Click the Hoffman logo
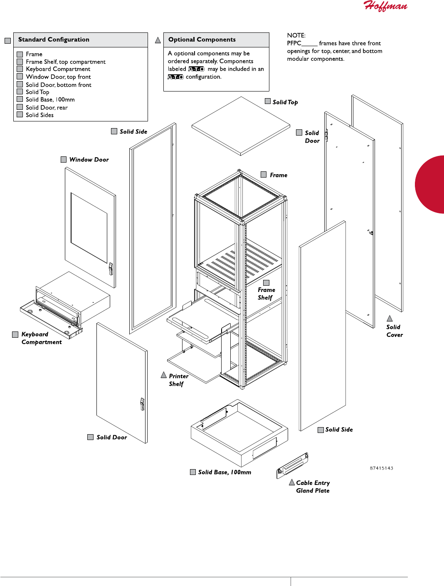(x=385, y=6)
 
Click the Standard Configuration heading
(x=54, y=40)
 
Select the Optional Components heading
(x=202, y=40)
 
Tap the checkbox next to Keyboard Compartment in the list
(x=20, y=69)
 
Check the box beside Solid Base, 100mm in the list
(x=20, y=99)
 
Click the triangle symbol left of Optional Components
(x=158, y=40)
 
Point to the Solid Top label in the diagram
(x=285, y=102)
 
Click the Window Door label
(x=89, y=160)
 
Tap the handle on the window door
(x=111, y=269)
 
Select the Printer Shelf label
(x=178, y=380)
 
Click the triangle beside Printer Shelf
(x=164, y=375)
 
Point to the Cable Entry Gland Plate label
(x=313, y=487)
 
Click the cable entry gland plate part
(x=293, y=465)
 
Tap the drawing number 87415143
(x=381, y=468)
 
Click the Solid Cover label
(x=394, y=331)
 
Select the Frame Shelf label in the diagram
(x=266, y=294)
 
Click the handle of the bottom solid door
(x=142, y=404)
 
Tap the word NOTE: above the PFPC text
(x=296, y=35)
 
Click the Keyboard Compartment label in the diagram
(x=41, y=338)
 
